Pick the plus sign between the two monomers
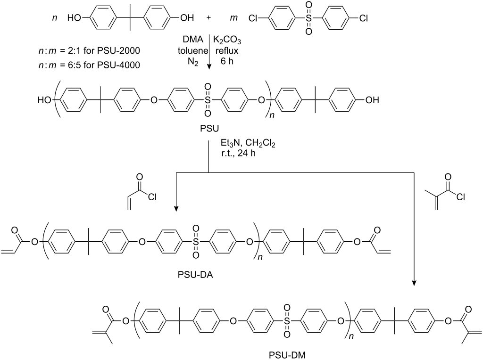coord(209,18)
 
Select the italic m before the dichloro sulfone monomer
coord(246,19)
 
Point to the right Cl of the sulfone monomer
coord(363,19)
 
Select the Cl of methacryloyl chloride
coord(460,196)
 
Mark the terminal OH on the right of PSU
coord(372,100)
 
